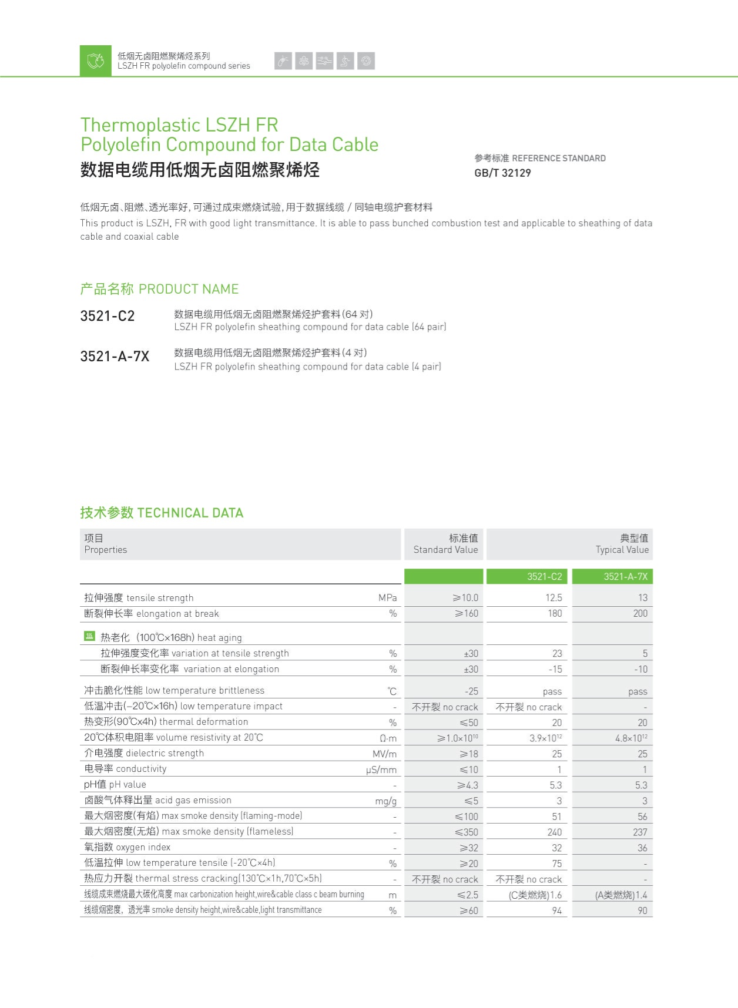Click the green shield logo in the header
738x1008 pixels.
pos(95,61)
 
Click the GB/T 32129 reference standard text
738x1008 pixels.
pos(502,173)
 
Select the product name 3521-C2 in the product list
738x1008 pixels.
pos(108,316)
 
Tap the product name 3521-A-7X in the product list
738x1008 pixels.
pos(115,356)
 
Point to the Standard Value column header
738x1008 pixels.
pos(445,544)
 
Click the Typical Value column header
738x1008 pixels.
pos(622,544)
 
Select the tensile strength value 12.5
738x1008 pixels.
pos(553,597)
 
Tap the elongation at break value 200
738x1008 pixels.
pos(640,613)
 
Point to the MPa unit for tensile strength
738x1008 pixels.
pos(388,597)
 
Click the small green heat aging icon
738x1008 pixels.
pos(89,636)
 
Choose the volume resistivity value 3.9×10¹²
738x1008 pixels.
pos(545,738)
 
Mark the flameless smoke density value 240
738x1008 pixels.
pos(554,832)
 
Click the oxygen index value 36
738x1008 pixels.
pos(642,848)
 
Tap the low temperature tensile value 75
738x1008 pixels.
pos(556,863)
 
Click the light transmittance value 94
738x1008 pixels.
pos(556,910)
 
